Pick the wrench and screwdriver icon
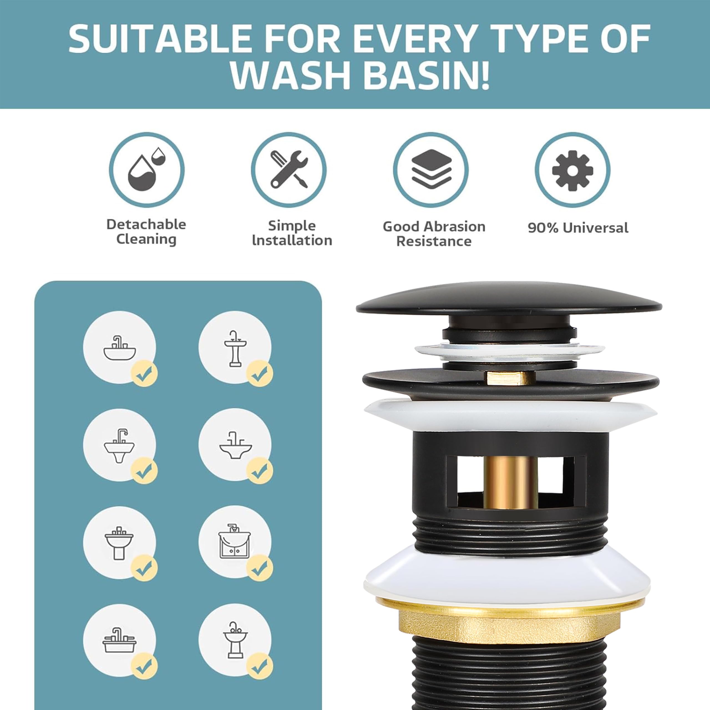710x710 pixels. tap(289, 169)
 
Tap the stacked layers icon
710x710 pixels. tap(431, 169)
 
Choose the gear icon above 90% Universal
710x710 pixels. tap(572, 170)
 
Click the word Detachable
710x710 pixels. tap(146, 224)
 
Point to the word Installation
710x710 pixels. tap(292, 240)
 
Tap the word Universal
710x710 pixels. tap(596, 228)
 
